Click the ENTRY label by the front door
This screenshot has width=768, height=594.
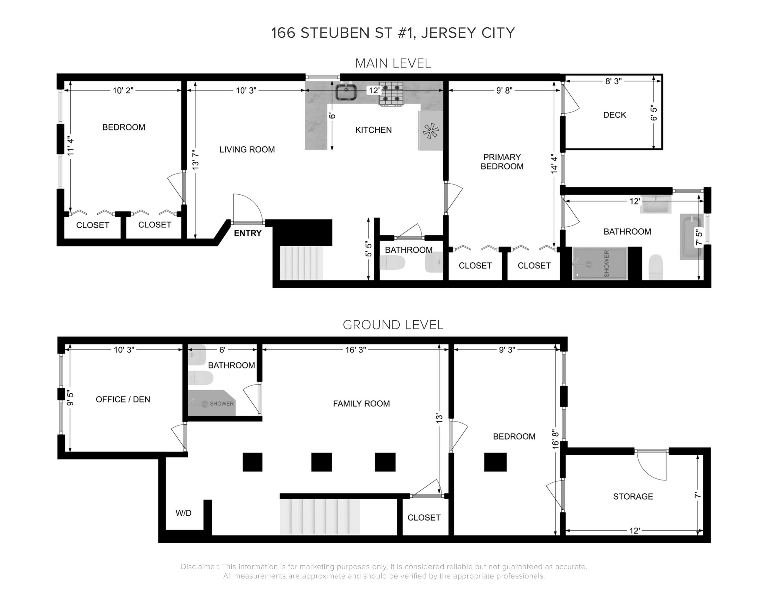click(248, 233)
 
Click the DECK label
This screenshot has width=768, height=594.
click(615, 115)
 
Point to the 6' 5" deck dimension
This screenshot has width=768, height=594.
click(654, 113)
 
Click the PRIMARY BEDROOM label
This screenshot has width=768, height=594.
click(502, 162)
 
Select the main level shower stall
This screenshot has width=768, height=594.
click(600, 263)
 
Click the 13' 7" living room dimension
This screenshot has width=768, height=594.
click(196, 160)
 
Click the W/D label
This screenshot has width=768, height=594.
click(183, 513)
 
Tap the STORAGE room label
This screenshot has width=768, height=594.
click(633, 497)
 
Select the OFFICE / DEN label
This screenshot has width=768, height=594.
click(123, 399)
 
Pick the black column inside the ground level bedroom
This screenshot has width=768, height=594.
click(495, 462)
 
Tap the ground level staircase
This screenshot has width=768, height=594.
click(320, 517)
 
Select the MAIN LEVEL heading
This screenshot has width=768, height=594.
click(393, 63)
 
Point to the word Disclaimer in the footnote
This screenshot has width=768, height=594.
click(199, 567)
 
